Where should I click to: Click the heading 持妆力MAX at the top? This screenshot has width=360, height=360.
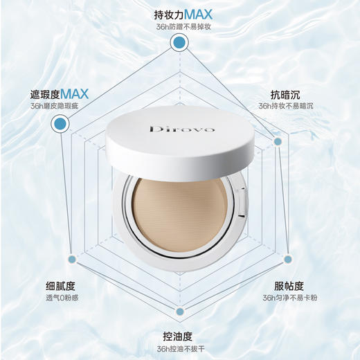[182, 15]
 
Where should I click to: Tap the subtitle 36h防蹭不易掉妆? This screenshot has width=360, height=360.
[182, 28]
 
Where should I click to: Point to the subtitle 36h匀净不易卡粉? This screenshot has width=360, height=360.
[289, 298]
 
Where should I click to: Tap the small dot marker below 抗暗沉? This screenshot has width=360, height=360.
[278, 141]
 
